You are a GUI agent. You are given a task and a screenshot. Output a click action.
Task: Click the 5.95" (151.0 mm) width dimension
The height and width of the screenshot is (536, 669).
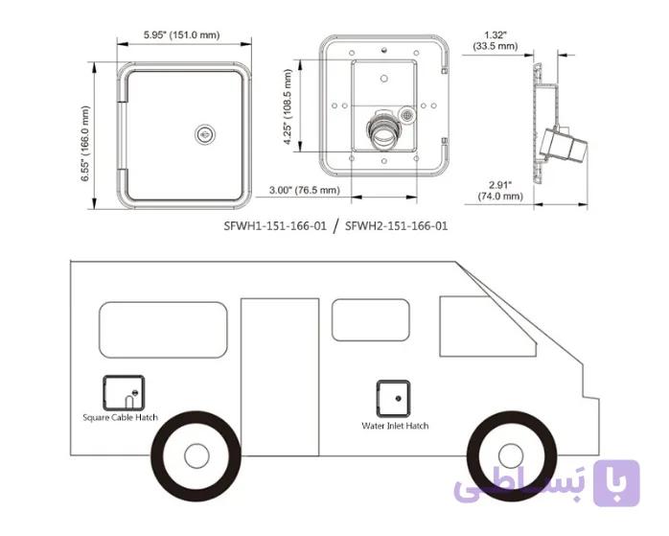[x=182, y=35]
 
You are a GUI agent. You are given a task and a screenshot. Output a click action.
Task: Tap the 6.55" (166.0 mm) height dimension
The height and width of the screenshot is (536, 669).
[x=85, y=144]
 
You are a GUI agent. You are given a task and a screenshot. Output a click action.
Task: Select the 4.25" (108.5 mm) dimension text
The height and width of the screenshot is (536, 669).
[x=288, y=107]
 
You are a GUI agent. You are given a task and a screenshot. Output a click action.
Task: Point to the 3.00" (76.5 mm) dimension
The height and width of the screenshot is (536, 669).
[x=305, y=190]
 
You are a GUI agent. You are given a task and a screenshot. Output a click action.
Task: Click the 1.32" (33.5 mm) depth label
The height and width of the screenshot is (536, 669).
[x=496, y=40]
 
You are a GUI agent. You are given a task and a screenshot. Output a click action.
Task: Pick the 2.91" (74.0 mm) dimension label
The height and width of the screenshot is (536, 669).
[x=500, y=190]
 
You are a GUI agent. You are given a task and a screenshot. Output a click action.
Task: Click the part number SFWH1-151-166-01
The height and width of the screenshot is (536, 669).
[x=275, y=225]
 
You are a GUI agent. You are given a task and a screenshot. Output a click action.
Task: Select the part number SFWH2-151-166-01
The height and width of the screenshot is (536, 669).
[x=397, y=225]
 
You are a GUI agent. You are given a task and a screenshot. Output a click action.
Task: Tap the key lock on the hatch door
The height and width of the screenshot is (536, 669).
[x=205, y=135]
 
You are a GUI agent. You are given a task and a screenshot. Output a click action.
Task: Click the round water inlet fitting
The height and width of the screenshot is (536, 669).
[x=384, y=131]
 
